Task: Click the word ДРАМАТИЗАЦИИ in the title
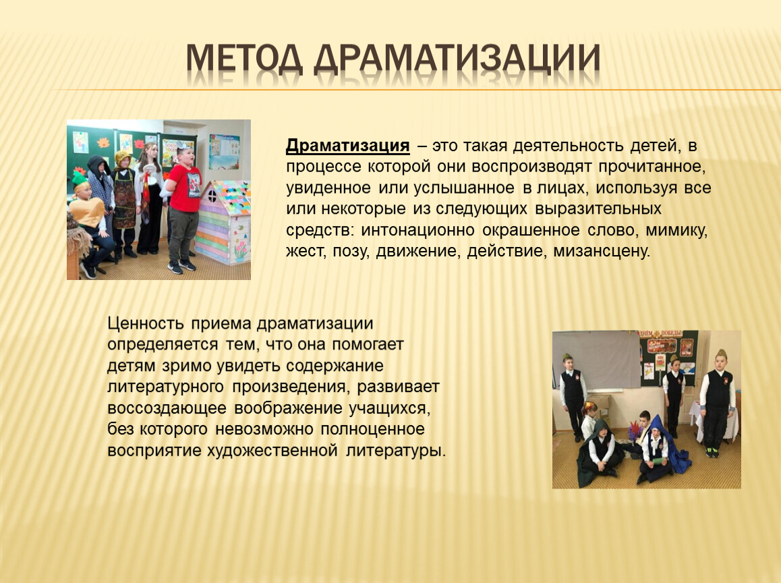click(457, 60)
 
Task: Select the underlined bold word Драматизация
click(347, 146)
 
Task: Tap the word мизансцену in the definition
click(602, 250)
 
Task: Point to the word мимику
click(677, 230)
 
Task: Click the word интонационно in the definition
click(417, 229)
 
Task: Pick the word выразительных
click(598, 209)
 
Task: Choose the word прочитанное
click(652, 167)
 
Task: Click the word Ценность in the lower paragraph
click(146, 323)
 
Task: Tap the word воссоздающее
click(167, 408)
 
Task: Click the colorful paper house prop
click(223, 222)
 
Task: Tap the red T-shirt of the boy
click(185, 188)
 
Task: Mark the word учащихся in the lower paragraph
click(390, 408)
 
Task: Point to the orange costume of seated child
click(88, 212)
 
